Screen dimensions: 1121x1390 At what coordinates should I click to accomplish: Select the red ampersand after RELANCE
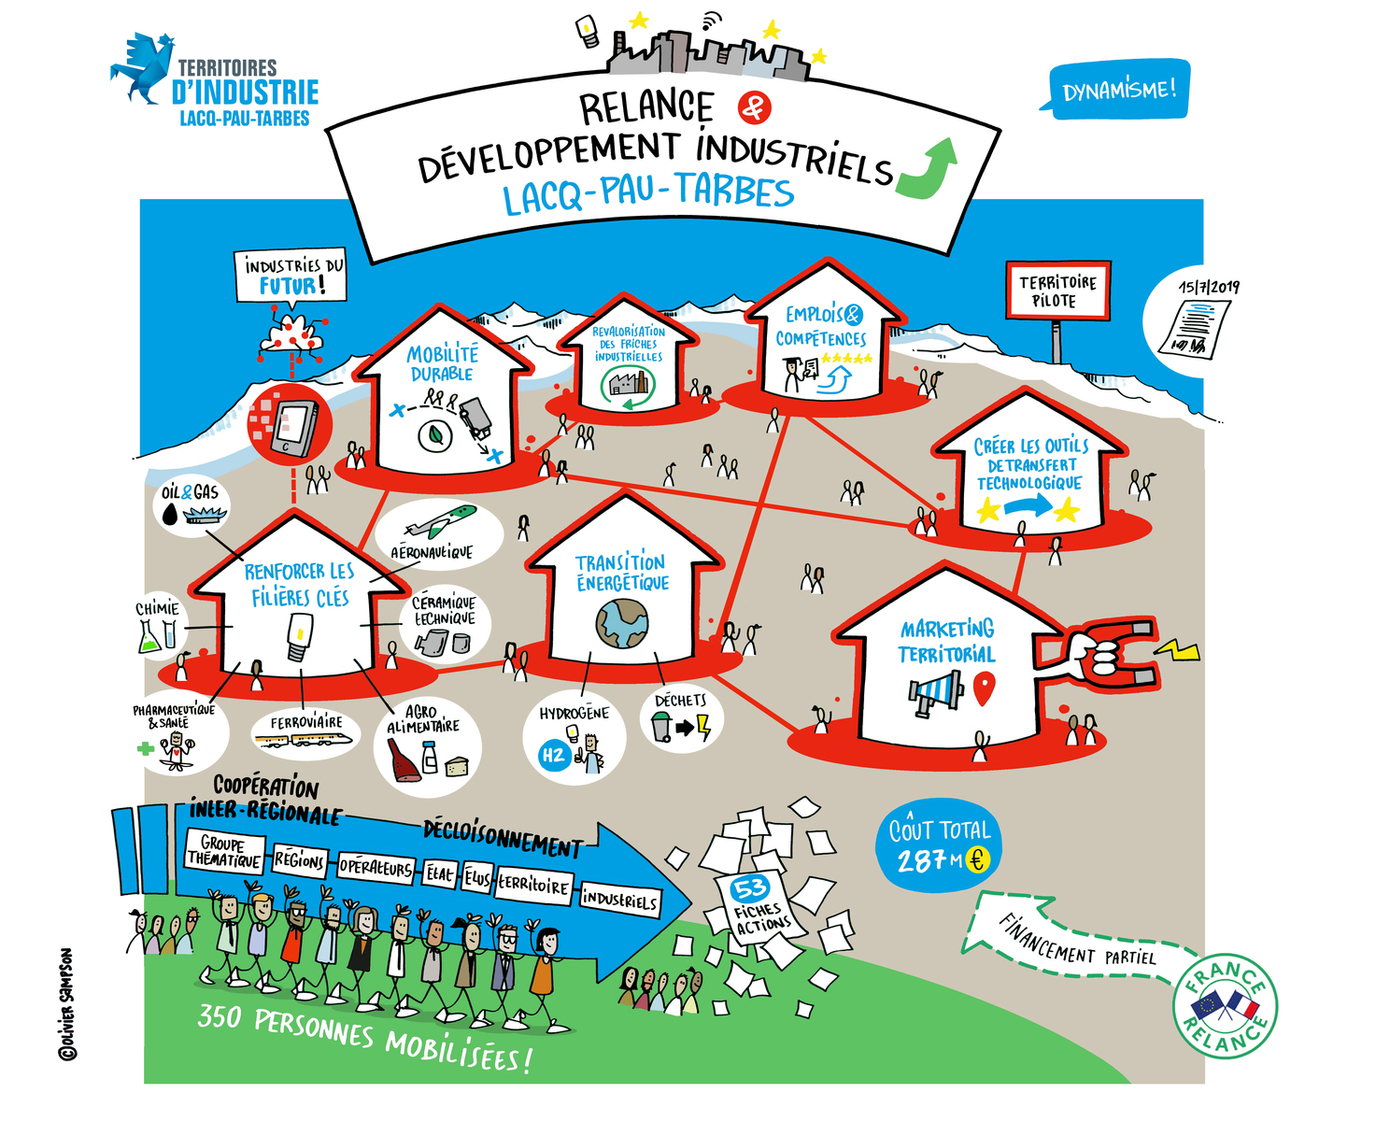pyautogui.click(x=753, y=107)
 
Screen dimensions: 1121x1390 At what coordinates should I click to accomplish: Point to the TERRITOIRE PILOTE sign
pyautogui.click(x=1057, y=291)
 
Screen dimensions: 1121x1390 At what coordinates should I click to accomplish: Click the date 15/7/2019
pyautogui.click(x=1208, y=287)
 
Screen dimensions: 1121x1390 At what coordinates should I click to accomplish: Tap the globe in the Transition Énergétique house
pyautogui.click(x=622, y=623)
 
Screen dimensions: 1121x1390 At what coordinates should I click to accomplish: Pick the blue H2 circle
pyautogui.click(x=554, y=755)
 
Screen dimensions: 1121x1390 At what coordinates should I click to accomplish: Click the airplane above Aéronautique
pyautogui.click(x=441, y=521)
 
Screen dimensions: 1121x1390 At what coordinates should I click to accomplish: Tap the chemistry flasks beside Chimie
pyautogui.click(x=156, y=636)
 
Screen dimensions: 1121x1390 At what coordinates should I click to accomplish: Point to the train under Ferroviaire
pyautogui.click(x=305, y=740)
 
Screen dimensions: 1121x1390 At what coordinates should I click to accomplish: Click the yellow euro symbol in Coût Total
pyautogui.click(x=977, y=858)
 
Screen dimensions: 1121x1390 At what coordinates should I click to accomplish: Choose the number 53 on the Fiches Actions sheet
pyautogui.click(x=750, y=887)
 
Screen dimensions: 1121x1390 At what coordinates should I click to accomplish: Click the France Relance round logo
pyautogui.click(x=1225, y=1007)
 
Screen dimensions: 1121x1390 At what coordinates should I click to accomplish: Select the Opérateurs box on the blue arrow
pyautogui.click(x=375, y=867)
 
